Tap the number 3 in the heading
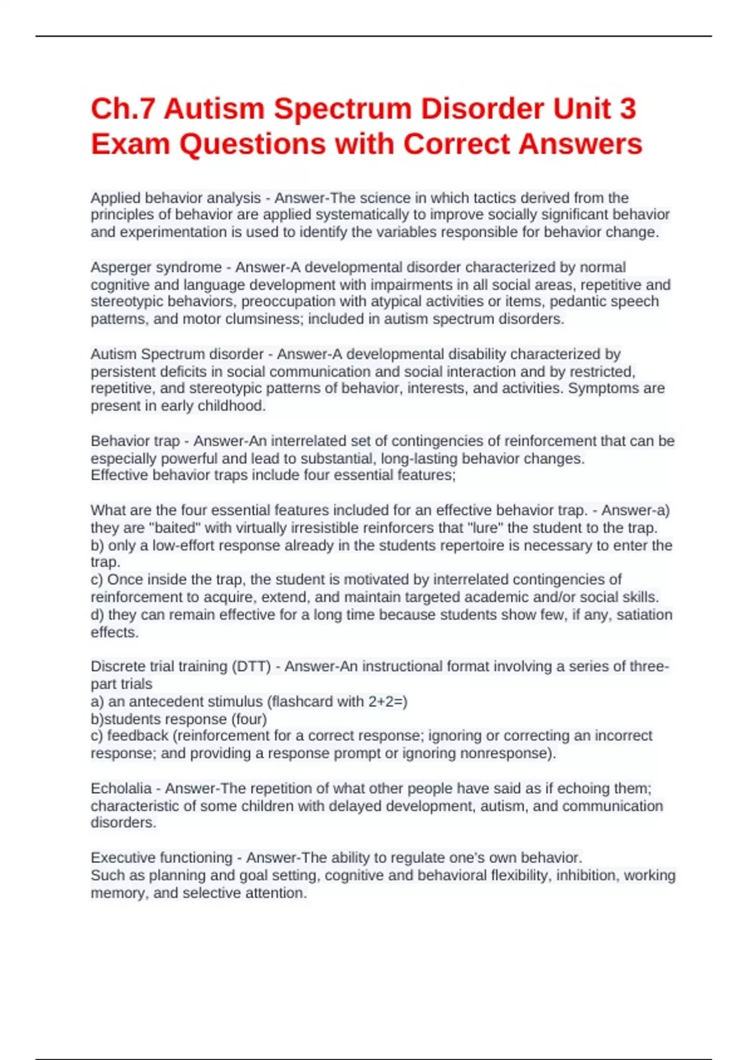(627, 109)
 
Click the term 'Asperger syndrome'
(156, 267)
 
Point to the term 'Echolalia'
(121, 789)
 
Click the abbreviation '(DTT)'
(251, 667)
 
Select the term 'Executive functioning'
(161, 858)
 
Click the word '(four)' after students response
(249, 719)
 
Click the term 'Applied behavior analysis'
(175, 198)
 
